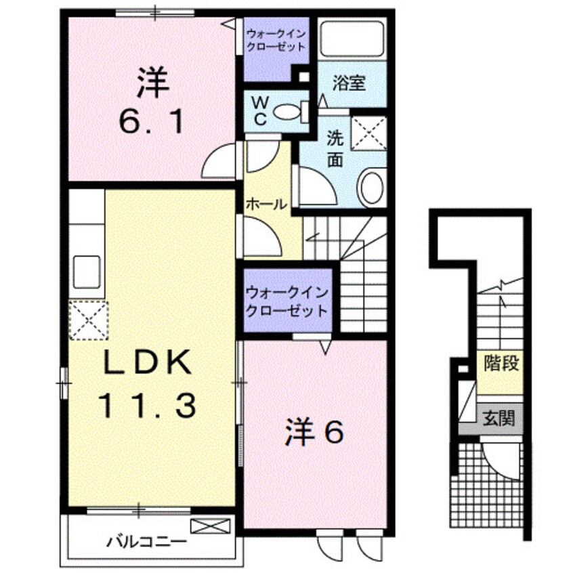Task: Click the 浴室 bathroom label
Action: [x=349, y=83]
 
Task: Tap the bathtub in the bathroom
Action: [x=352, y=39]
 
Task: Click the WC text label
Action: [x=260, y=109]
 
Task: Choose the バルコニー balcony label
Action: [x=146, y=542]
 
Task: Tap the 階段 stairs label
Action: [x=501, y=364]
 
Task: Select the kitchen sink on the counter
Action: [x=86, y=271]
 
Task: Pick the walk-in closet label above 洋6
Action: [x=287, y=301]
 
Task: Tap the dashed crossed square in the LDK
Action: [x=88, y=320]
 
